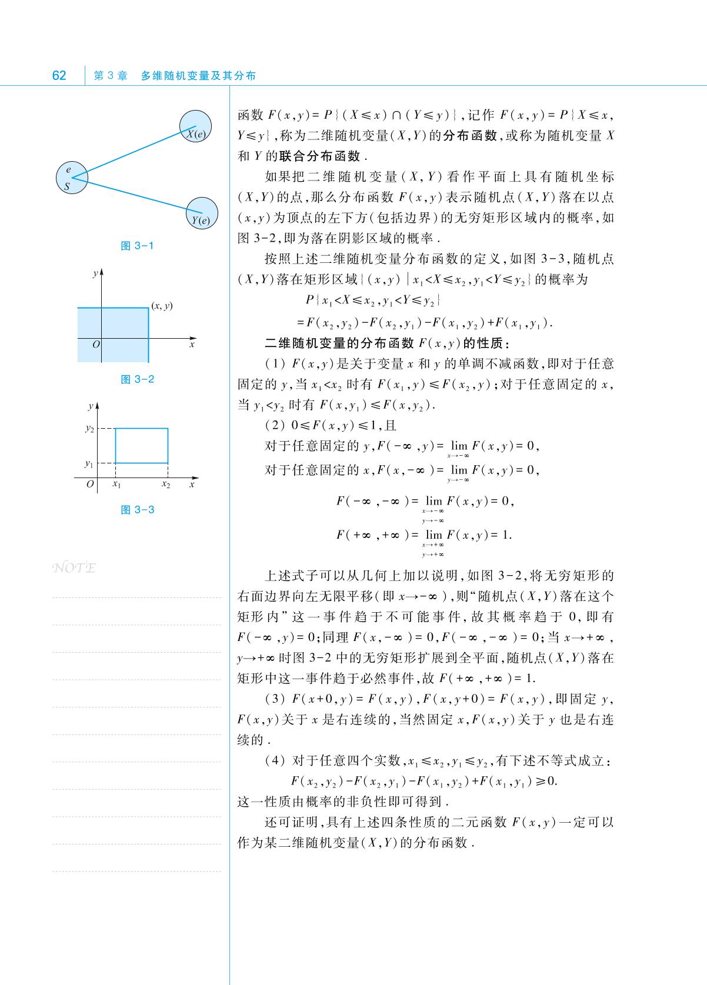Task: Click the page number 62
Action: (x=59, y=75)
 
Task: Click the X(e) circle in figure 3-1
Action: (x=196, y=128)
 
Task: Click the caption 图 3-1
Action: (x=137, y=246)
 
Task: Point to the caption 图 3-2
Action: (x=137, y=379)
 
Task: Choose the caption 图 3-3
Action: (x=137, y=510)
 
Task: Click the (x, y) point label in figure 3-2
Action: (x=162, y=306)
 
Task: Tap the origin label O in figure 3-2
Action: (x=96, y=345)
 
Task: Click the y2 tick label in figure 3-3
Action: (x=89, y=429)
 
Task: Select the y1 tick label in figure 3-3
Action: (x=89, y=463)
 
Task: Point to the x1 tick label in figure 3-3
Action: (x=116, y=485)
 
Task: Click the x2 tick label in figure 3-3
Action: (x=166, y=485)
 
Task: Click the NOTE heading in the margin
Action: (x=74, y=568)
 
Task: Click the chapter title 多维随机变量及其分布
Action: (x=198, y=76)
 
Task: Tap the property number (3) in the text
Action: (x=275, y=699)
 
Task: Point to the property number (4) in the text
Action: (x=275, y=761)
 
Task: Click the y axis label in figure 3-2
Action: (x=95, y=274)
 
